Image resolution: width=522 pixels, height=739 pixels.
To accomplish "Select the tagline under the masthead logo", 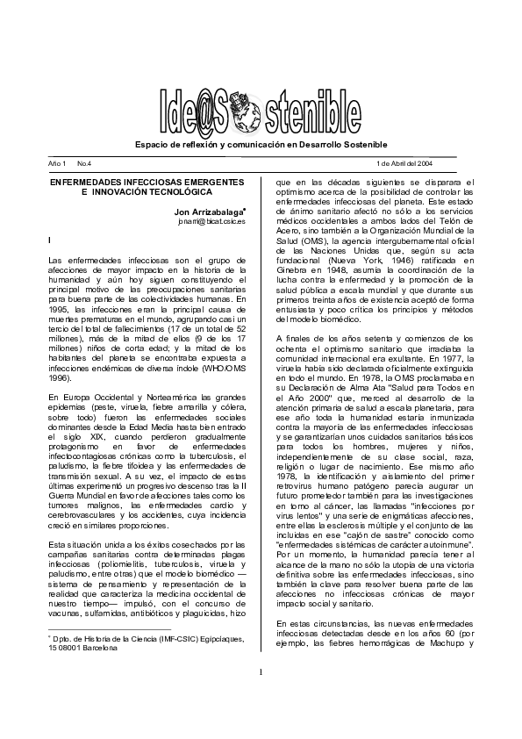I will click(260, 144).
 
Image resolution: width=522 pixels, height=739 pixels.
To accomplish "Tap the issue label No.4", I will click(84, 164).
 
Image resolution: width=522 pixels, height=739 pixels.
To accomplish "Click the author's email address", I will click(213, 223).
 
